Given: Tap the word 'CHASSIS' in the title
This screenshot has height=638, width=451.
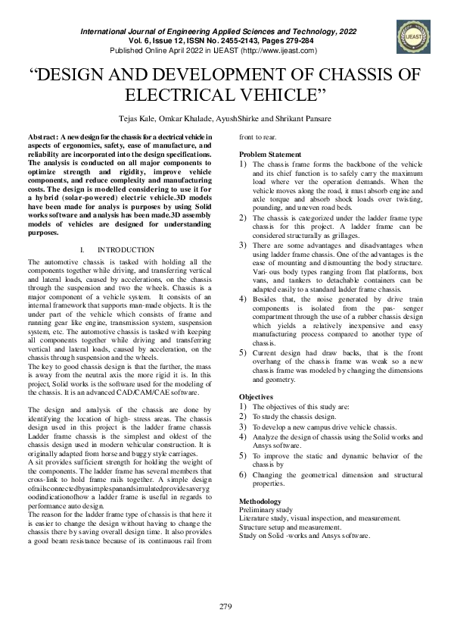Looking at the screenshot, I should click(334, 76).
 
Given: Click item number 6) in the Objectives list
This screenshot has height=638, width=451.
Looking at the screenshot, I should click(244, 474).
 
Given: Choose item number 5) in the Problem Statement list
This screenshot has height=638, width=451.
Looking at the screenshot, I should click(244, 353).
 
